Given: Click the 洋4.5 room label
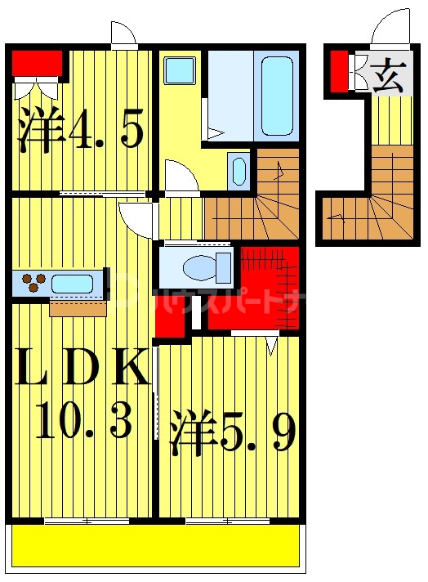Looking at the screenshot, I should [x=81, y=132].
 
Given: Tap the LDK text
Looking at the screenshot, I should [x=82, y=369].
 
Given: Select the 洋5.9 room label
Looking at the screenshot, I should [x=231, y=432].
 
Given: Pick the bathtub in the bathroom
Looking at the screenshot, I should [x=277, y=96].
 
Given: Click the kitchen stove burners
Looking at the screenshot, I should [x=33, y=282].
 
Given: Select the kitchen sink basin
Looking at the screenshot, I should [x=72, y=284].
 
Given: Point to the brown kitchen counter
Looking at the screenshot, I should [x=78, y=307].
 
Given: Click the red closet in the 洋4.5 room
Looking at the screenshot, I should [x=38, y=62].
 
